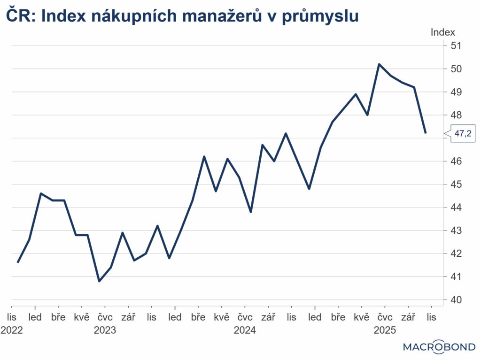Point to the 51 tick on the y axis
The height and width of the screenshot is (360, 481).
tap(456, 46)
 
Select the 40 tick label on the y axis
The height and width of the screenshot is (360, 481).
tap(456, 300)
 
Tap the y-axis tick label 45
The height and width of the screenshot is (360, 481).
tap(456, 184)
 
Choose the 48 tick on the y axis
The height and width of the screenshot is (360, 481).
tap(456, 115)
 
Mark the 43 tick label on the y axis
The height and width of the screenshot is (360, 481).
tap(456, 230)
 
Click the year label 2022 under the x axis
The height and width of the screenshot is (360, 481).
tap(11, 330)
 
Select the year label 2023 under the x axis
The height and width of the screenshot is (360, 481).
tap(105, 330)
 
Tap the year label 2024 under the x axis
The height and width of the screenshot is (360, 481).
tap(245, 330)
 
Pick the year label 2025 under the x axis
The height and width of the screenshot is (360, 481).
tap(385, 330)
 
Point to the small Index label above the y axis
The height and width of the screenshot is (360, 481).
tap(443, 32)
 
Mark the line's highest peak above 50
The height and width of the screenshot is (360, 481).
tap(379, 64)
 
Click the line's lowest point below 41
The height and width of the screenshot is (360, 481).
tap(99, 281)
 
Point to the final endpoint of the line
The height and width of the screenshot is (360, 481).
tap(426, 133)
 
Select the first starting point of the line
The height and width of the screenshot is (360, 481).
tap(18, 262)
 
